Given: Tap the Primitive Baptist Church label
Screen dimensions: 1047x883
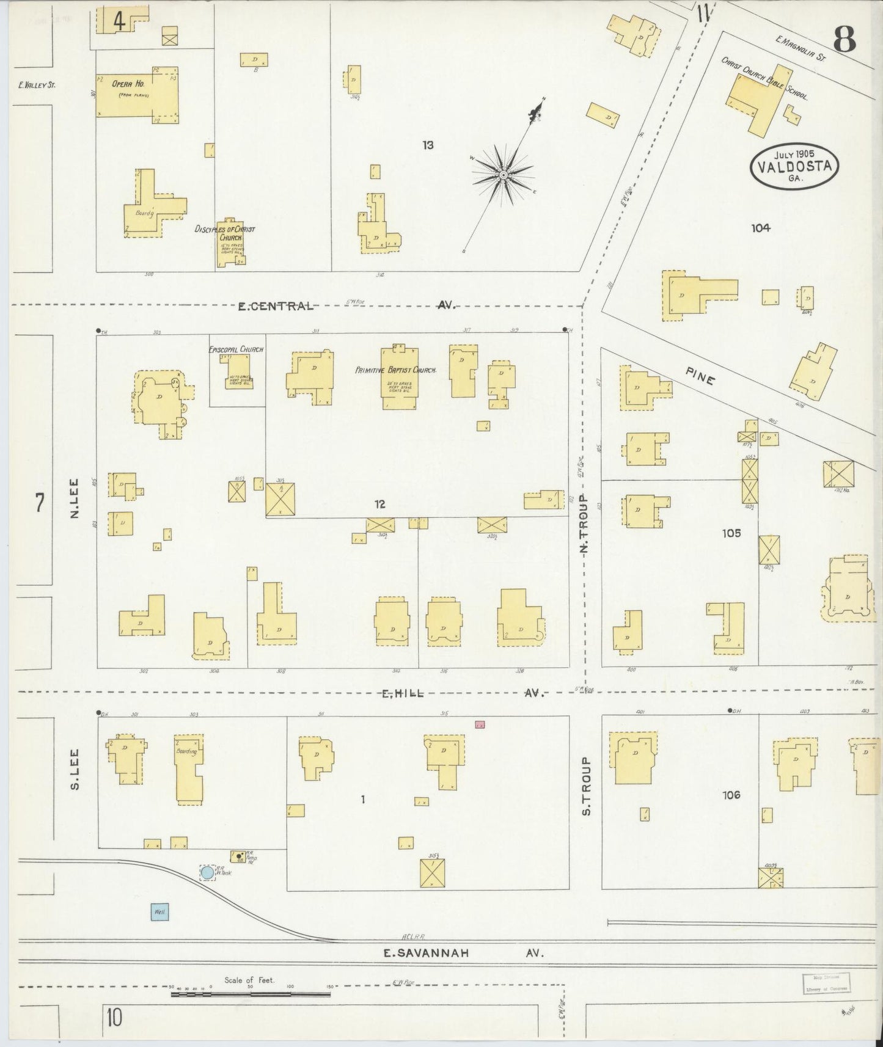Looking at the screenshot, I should click(x=395, y=370).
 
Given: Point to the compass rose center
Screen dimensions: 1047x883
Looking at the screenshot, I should click(x=504, y=175).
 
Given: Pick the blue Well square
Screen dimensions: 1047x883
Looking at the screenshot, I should click(x=160, y=912).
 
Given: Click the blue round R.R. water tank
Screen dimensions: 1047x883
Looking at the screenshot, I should click(x=207, y=872).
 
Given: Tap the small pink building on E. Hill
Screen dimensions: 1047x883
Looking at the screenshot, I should click(x=480, y=724).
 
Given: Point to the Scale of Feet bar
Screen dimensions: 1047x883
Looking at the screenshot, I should click(x=251, y=994).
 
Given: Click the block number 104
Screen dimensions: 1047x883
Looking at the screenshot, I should click(x=761, y=228).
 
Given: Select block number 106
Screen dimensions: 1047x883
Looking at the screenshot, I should click(x=731, y=795).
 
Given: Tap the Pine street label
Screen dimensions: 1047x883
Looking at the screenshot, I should click(x=700, y=377).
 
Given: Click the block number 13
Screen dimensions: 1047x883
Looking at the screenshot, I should click(x=428, y=145).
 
